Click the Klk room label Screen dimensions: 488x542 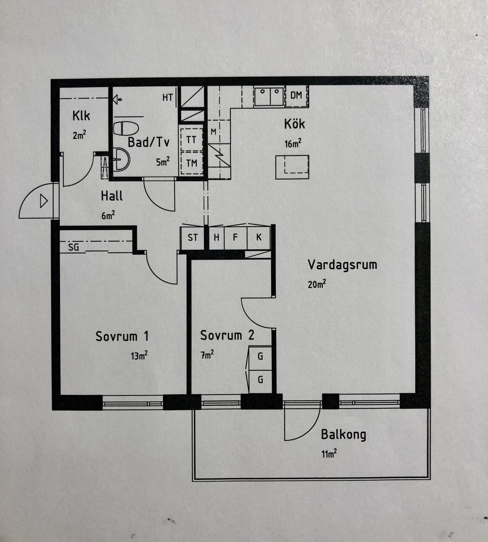pos(81,116)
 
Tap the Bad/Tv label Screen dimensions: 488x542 pos(148,142)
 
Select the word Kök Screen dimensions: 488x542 pos(294,124)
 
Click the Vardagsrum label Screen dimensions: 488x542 pos(342,265)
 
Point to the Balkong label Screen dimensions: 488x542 pos(344,435)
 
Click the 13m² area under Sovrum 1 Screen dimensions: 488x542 pos(139,355)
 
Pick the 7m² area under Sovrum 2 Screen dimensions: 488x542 pos(207,355)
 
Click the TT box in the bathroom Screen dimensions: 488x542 pos(191,140)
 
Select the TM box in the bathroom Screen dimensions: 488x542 pos(191,163)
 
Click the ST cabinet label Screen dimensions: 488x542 pos(192,237)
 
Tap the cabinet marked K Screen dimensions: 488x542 pos(259,237)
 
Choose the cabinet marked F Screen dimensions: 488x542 pos(236,237)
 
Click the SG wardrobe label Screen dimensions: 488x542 pos(74,247)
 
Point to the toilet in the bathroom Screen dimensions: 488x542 pos(126,128)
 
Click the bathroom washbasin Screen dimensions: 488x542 pos(121,159)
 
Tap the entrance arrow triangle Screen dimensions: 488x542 pos(44,201)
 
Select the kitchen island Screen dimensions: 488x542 pos(292,167)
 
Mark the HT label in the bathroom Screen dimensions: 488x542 pos(167,98)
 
